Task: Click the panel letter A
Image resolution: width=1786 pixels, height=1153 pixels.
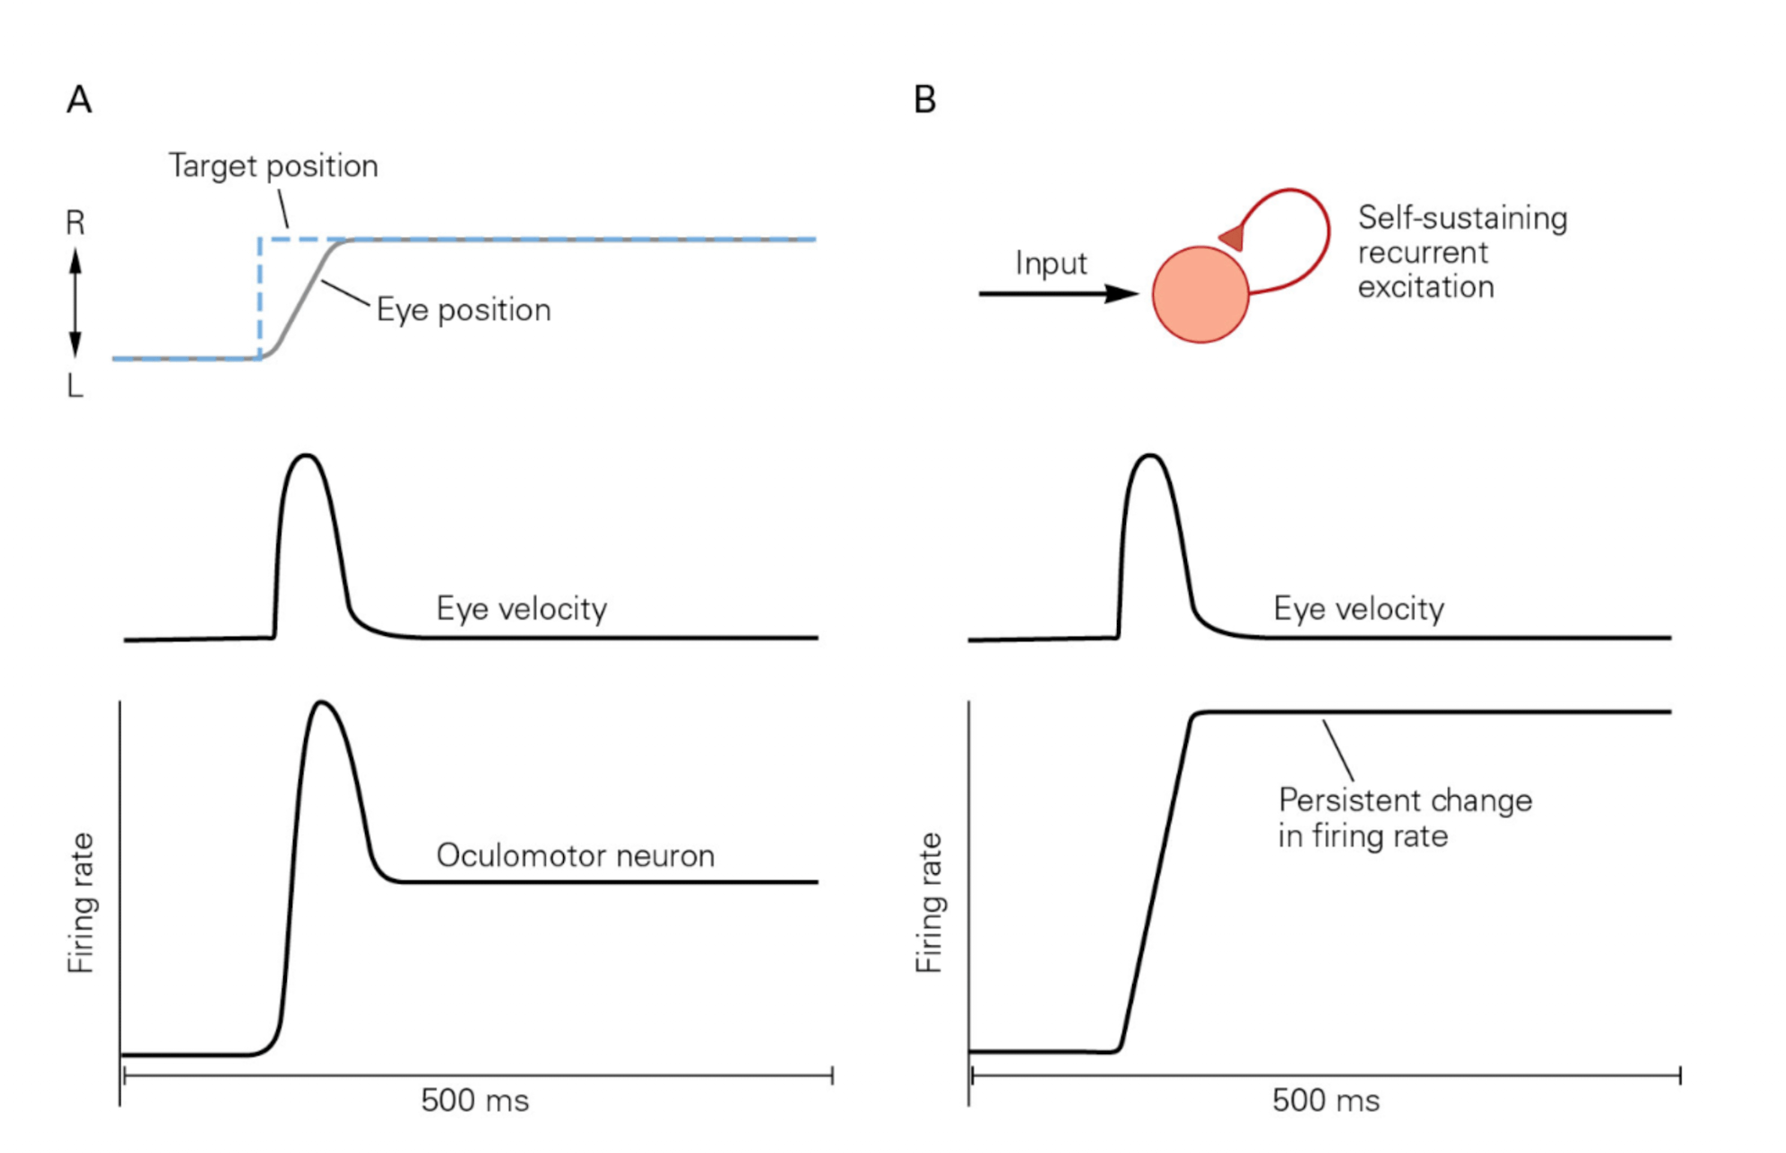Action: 79,100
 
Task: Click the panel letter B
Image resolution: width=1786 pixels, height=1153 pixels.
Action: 924,100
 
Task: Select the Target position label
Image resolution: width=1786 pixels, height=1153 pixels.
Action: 273,166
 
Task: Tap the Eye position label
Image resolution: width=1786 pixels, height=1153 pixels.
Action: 463,310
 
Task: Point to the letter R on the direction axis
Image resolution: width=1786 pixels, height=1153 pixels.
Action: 76,223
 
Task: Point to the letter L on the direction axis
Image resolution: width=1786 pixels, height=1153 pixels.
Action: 76,387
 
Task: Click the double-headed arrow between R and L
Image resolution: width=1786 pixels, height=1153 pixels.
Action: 76,303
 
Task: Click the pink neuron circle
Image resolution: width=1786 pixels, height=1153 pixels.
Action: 1200,294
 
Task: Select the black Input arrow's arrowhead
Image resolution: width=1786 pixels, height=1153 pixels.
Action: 1122,294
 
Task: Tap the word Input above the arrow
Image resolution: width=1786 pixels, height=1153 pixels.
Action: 1050,264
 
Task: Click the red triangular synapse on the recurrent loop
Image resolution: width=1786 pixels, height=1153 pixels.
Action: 1232,238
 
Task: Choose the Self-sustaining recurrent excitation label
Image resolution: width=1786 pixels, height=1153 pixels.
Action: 1461,252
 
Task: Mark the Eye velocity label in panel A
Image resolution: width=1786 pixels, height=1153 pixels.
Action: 522,609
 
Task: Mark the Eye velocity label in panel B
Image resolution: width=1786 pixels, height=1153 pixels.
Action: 1359,609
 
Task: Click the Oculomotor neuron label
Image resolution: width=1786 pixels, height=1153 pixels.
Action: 576,855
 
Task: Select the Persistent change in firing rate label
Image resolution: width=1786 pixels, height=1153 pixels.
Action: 1405,818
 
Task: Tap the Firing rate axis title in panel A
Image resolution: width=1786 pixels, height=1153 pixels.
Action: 81,902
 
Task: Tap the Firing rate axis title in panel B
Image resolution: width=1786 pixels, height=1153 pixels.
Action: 929,902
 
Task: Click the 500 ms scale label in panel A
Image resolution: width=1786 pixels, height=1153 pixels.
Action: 475,1101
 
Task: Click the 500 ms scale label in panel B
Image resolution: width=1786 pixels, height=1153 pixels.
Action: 1326,1101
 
